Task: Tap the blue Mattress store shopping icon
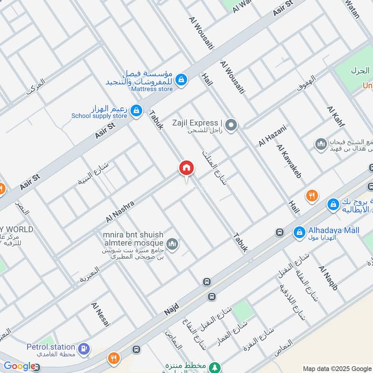click(x=182, y=80)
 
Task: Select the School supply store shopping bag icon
click(x=136, y=111)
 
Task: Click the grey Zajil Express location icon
click(x=231, y=125)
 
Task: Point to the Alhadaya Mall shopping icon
click(x=298, y=231)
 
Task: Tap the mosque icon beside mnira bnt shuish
click(x=173, y=244)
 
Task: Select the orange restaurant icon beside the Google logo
click(x=114, y=359)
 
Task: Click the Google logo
click(x=19, y=366)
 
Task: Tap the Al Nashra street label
click(x=120, y=211)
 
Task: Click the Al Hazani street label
click(x=272, y=136)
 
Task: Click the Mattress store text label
click(x=152, y=88)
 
